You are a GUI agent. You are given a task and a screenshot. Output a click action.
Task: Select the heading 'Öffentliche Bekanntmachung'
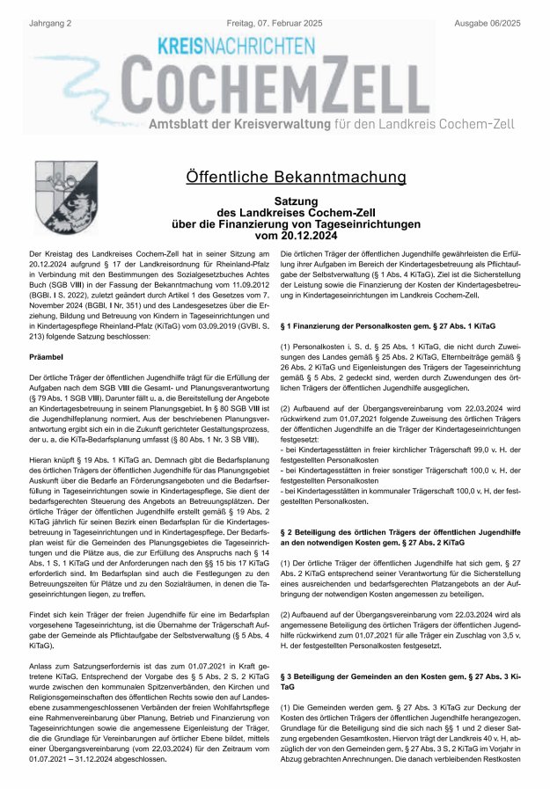[x=297, y=177]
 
